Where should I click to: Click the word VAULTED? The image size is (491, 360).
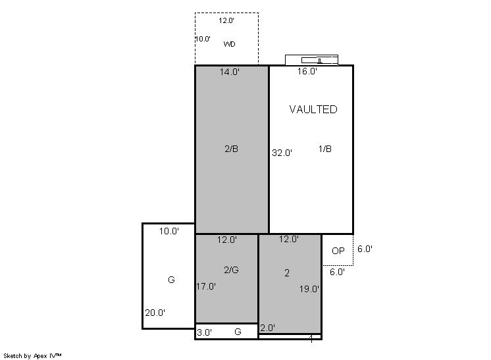[x=313, y=109]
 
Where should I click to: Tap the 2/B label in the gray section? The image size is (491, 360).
[x=231, y=149]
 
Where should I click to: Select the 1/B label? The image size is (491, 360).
[x=324, y=149]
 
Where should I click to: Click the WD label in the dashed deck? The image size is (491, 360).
[x=229, y=44]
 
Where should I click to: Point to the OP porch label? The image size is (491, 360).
[x=338, y=251]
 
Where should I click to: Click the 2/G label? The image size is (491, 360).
[x=231, y=270]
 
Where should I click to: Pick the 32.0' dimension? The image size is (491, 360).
[x=282, y=153]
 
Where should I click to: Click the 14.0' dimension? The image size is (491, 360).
[x=229, y=72]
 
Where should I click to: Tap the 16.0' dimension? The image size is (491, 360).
[x=307, y=71]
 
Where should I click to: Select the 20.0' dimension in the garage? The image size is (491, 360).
[x=155, y=313]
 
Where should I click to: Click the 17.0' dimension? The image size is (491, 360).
[x=206, y=286]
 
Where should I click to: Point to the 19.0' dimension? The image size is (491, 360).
[x=309, y=289]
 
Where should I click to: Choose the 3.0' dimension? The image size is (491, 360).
[x=204, y=332]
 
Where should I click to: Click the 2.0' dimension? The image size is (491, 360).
[x=267, y=328]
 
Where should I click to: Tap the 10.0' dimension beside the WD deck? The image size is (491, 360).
[x=203, y=39]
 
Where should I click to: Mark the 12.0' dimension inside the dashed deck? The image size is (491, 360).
[x=226, y=20]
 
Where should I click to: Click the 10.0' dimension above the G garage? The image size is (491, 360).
[x=168, y=232]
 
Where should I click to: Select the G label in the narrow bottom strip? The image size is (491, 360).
[x=238, y=332]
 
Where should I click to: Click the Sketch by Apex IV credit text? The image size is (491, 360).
[x=32, y=356]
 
